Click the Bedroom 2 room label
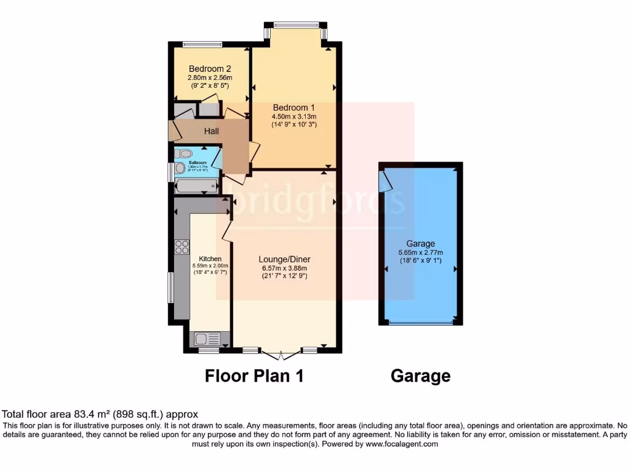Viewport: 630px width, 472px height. click(x=210, y=68)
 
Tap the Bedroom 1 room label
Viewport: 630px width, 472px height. click(x=293, y=108)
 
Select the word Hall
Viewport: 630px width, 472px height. click(x=212, y=131)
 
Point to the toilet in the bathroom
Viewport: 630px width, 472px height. click(x=184, y=154)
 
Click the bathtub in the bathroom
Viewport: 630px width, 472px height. click(x=196, y=185)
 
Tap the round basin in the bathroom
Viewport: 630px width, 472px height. click(x=180, y=168)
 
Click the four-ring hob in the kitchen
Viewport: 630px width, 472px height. click(x=182, y=247)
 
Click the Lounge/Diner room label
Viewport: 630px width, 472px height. click(x=282, y=259)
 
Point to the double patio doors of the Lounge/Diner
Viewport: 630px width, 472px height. click(x=281, y=355)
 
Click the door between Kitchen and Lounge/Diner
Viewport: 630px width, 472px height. click(x=226, y=230)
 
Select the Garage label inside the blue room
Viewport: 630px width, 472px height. click(x=421, y=243)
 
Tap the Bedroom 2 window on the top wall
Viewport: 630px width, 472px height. click(x=202, y=44)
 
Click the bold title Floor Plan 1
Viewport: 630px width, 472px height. click(x=254, y=376)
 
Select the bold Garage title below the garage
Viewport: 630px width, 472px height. click(x=420, y=376)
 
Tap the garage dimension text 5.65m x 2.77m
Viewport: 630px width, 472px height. click(x=421, y=252)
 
